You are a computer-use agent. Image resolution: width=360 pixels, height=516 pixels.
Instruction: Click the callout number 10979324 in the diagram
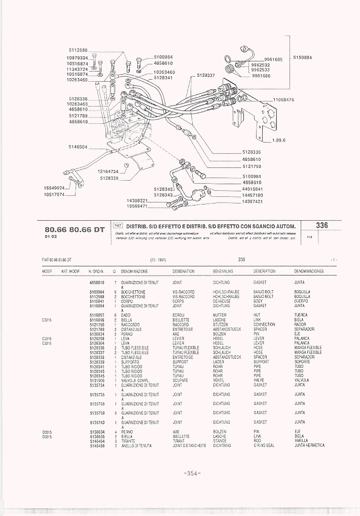point(77,58)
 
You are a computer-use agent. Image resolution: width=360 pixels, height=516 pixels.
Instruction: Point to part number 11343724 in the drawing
point(77,68)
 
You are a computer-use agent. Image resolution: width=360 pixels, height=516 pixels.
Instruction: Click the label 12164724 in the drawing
point(108,171)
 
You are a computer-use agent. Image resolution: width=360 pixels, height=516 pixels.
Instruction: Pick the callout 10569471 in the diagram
point(137,207)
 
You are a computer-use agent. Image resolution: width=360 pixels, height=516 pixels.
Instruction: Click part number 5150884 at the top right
point(302,57)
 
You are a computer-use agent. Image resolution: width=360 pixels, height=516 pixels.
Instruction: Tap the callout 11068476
point(283,99)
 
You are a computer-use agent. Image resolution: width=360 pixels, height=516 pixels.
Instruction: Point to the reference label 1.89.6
point(279,141)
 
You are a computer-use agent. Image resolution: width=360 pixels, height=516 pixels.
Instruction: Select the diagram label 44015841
point(252,189)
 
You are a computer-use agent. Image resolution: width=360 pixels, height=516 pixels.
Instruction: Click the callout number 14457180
point(252,195)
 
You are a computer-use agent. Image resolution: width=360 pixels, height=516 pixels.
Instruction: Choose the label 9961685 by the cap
point(273,59)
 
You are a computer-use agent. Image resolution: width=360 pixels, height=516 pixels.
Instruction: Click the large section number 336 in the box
point(321,225)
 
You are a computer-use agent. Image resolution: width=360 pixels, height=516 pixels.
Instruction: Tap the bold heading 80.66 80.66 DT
point(74,229)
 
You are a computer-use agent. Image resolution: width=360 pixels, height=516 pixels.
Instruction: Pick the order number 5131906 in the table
point(97,381)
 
